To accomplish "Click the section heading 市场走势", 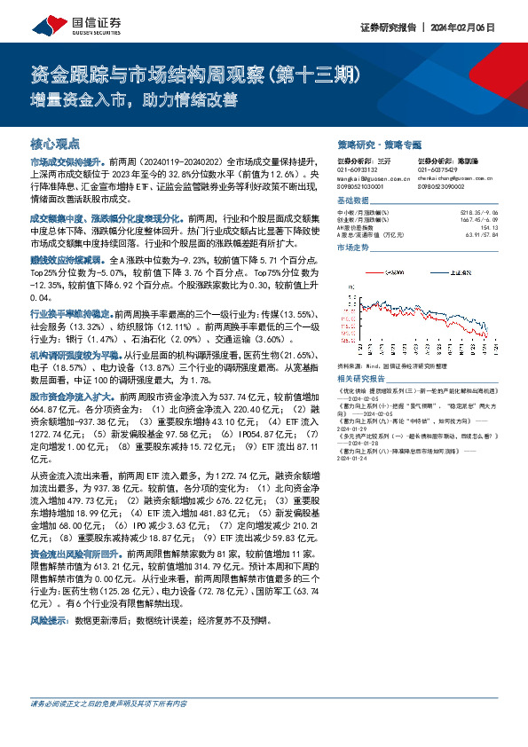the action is [352, 248].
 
